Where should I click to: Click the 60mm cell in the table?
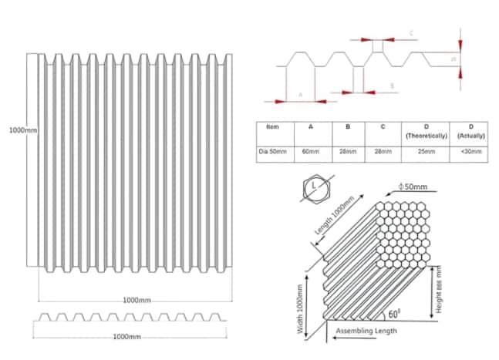coord(310,152)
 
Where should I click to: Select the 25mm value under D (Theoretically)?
coord(424,152)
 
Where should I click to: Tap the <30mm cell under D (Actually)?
coord(470,152)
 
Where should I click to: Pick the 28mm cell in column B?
coord(348,152)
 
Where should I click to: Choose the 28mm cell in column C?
coord(384,152)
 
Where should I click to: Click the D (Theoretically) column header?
coord(424,130)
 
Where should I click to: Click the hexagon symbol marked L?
coord(315,187)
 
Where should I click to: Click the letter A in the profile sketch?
coord(299,94)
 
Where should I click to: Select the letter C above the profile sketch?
coord(411,32)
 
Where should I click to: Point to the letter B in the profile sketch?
coord(392,86)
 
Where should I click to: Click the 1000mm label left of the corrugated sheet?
coord(23,130)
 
